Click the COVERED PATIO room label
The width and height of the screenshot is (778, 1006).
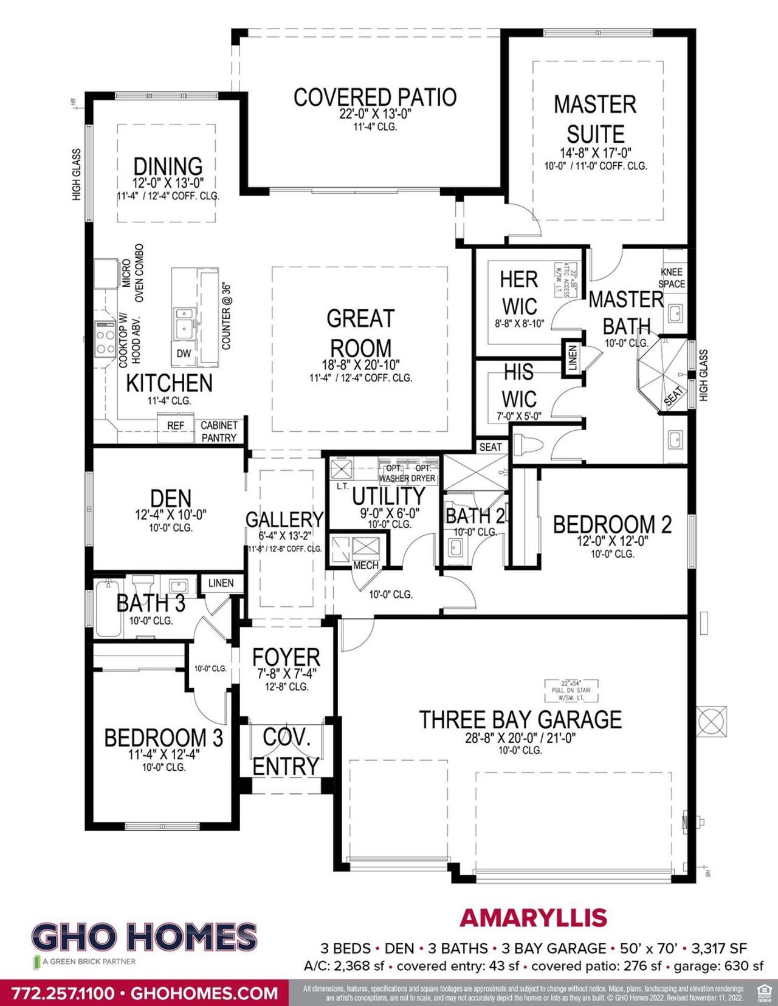coord(374,97)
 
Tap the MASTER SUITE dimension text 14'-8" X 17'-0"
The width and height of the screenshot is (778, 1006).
coord(595,153)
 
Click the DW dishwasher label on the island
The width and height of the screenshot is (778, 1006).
coord(184,354)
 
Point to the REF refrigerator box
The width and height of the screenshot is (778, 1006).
coord(176,426)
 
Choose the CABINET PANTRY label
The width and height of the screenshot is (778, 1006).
coord(219,431)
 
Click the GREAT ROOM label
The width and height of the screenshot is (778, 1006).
coord(360,333)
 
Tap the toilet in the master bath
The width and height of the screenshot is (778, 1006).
coord(528,445)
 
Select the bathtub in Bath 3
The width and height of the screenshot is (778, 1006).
coord(108,608)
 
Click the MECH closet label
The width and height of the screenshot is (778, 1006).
coord(366,566)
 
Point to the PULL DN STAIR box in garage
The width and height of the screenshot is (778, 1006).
coord(571,690)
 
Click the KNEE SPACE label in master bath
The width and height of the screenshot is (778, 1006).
coord(671,278)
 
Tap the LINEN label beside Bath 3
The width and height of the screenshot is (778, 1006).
coord(221,583)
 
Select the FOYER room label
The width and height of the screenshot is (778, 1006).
coord(286,657)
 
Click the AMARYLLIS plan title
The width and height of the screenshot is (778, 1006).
coord(534,918)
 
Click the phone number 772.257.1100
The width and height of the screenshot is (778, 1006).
coord(63,994)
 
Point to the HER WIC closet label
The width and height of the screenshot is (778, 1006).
coord(518,292)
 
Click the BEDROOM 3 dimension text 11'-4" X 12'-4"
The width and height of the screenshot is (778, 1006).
coord(164,754)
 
